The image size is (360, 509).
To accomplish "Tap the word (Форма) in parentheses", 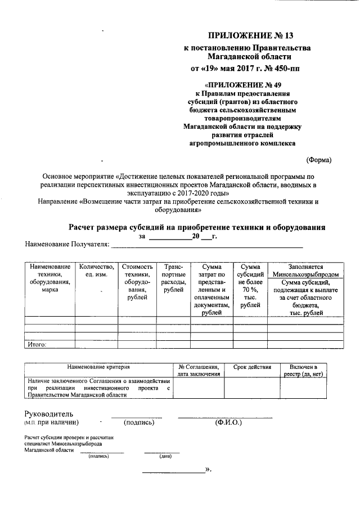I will [x=319, y=160].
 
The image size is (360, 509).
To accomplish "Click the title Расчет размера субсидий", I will [x=197, y=227].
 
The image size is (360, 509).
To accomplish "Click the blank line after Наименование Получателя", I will [x=206, y=246].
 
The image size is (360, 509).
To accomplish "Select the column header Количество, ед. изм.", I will [x=97, y=270].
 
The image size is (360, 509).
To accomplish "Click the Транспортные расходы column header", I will [x=173, y=278].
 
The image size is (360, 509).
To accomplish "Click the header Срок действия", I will [x=252, y=367].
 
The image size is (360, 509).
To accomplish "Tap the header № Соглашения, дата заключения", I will [x=199, y=370].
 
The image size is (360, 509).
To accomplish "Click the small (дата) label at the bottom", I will [x=165, y=456].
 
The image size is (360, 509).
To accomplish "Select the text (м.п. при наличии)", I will [x=51, y=422].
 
